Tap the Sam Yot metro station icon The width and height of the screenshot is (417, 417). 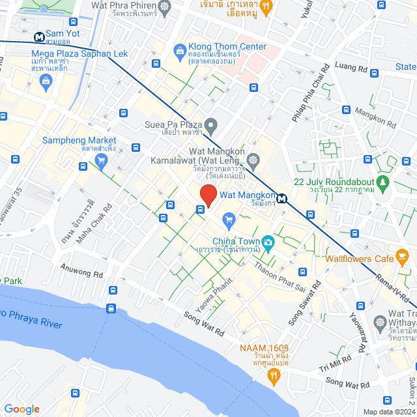(40, 36)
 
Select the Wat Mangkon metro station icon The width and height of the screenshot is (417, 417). (282, 199)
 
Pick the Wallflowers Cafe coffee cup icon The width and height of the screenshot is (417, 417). (403, 256)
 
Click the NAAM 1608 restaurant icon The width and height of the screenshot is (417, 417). (274, 375)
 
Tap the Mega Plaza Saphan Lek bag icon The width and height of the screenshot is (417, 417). (46, 81)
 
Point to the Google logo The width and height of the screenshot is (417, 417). (22, 409)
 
